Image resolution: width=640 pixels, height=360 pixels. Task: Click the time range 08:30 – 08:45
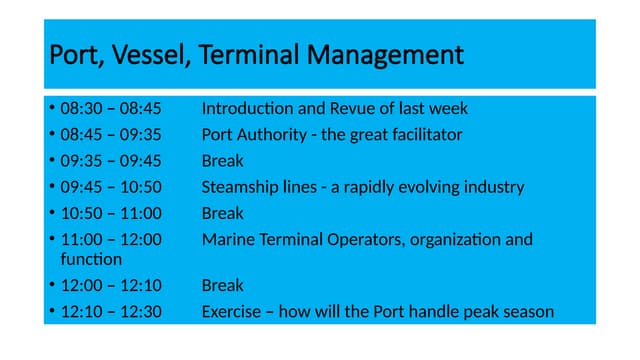click(x=110, y=108)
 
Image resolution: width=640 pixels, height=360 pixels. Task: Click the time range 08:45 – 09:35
click(x=110, y=134)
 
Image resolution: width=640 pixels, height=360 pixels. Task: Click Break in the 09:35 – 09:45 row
click(x=222, y=160)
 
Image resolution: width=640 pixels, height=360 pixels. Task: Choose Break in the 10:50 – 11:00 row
click(x=222, y=213)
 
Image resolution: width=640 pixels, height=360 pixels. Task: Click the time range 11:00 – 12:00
click(x=110, y=239)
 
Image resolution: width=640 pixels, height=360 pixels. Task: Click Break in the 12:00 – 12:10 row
click(x=222, y=286)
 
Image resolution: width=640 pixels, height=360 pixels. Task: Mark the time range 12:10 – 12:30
click(x=110, y=312)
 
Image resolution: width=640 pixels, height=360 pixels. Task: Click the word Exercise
click(x=235, y=312)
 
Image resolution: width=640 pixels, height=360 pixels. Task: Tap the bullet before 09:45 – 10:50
click(x=51, y=187)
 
